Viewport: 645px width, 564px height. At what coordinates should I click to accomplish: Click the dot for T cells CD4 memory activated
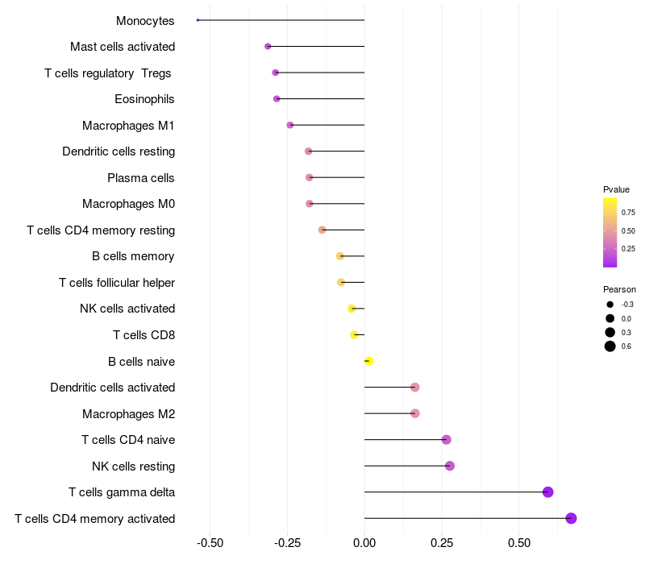pos(571,518)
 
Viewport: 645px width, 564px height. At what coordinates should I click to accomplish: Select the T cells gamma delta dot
pos(548,492)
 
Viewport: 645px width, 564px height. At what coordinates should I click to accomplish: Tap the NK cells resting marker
pos(449,466)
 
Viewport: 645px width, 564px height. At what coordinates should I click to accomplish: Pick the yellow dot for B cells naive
pos(368,361)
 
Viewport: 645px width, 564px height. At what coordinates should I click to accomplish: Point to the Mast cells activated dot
pos(268,47)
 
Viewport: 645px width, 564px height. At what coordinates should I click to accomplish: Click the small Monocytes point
pos(198,20)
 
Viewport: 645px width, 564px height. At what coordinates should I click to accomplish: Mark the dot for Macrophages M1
pos(290,125)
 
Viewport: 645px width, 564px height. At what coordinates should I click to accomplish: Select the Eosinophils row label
pos(145,99)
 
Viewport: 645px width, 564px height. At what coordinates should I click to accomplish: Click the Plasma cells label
pos(141,177)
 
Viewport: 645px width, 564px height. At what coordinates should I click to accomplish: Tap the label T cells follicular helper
pos(117,282)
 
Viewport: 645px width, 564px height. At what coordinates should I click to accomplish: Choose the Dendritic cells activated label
pos(113,388)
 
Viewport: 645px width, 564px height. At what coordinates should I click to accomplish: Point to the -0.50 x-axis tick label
pos(210,543)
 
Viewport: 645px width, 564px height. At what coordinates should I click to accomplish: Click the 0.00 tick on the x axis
pos(364,543)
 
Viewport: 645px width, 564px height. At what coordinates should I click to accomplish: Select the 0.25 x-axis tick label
pos(441,543)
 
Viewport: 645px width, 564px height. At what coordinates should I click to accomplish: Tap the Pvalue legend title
pos(616,189)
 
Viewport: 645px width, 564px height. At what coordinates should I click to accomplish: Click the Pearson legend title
pos(619,289)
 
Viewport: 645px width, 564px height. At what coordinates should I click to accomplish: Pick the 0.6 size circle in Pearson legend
pos(610,346)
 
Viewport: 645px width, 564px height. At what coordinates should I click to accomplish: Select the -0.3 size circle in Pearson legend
pos(610,305)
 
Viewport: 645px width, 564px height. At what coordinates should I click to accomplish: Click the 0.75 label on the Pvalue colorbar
pos(628,213)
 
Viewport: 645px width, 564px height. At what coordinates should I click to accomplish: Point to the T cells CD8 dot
pos(354,334)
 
